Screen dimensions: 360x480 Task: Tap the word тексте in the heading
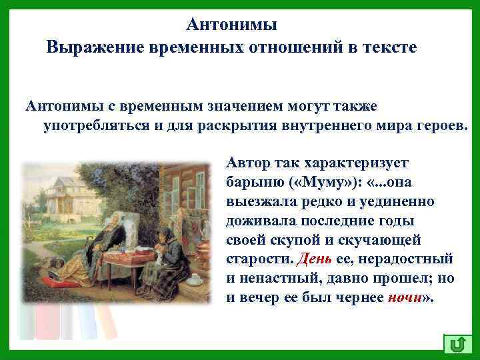pyautogui.click(x=387, y=49)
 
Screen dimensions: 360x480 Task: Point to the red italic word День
pyautogui.click(x=314, y=257)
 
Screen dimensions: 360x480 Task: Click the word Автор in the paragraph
pyautogui.click(x=249, y=162)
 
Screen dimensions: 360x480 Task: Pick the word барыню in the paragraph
pyautogui.click(x=249, y=182)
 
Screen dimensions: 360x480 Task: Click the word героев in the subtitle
pyautogui.click(x=439, y=127)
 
